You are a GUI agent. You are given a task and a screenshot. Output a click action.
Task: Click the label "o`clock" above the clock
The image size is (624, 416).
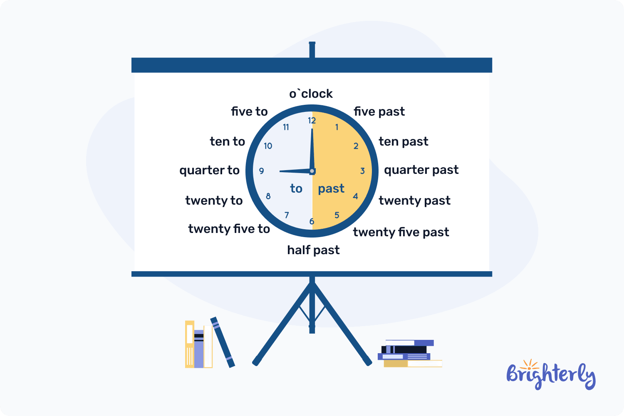tap(311, 94)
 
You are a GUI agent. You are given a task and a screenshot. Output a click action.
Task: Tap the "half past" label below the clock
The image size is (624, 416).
tap(313, 250)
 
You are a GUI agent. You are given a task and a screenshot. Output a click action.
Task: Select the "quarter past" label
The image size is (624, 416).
tap(421, 170)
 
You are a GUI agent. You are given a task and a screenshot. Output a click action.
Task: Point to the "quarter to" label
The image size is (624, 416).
tap(209, 170)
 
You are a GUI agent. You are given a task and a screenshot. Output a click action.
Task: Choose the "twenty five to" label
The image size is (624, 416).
tap(229, 229)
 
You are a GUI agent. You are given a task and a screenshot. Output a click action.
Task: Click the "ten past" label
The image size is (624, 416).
tap(403, 141)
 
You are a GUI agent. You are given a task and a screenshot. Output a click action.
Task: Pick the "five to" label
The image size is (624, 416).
tap(249, 111)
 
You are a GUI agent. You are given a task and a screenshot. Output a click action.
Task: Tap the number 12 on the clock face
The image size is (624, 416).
tap(312, 121)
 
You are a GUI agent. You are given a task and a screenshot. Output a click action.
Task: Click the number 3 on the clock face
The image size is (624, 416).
tap(362, 171)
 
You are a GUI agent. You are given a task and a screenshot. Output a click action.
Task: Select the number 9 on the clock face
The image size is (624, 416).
tap(261, 171)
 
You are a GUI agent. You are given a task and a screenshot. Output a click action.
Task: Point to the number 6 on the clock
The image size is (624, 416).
tap(312, 221)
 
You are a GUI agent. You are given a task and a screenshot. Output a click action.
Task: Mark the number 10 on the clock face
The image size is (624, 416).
tap(268, 146)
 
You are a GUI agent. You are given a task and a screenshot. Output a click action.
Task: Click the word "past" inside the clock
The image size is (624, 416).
tap(331, 189)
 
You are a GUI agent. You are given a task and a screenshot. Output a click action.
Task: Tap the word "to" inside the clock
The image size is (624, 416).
tap(296, 189)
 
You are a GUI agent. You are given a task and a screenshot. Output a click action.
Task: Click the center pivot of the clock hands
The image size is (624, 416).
tap(312, 171)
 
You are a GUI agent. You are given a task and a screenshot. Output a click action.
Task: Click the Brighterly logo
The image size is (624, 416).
tap(551, 375)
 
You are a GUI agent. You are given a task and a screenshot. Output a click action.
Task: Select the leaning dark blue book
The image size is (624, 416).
tap(223, 342)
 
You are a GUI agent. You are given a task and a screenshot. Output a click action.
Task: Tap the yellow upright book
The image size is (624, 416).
tap(190, 344)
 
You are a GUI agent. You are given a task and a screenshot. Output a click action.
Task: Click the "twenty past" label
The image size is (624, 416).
tap(414, 201)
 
